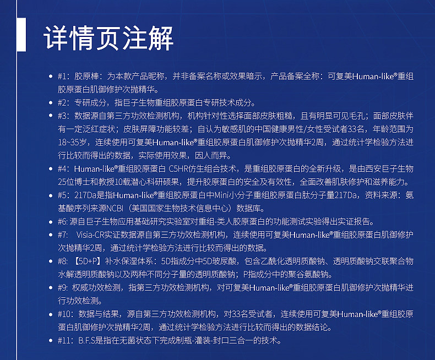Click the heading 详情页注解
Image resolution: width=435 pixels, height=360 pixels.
108,38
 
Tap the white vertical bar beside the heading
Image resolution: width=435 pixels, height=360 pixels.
21,34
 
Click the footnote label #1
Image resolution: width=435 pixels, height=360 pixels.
62,77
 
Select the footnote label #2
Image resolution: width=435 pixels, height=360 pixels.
63,102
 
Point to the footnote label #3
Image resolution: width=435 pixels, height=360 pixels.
63,116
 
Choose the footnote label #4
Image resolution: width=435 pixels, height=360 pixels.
63,168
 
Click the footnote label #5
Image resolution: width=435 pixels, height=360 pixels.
63,195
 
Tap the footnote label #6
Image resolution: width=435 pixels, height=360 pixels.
63,222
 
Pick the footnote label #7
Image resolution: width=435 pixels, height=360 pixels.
62,234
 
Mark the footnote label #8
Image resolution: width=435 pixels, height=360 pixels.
63,261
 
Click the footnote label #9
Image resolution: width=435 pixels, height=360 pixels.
63,287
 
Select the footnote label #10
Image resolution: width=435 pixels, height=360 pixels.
64,314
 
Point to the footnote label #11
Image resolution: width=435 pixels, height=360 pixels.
64,340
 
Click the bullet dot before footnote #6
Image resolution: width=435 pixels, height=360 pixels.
51,222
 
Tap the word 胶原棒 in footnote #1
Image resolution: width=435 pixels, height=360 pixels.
86,77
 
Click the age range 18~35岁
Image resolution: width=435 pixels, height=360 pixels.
72,142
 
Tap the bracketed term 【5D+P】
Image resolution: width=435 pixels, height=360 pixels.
88,261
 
